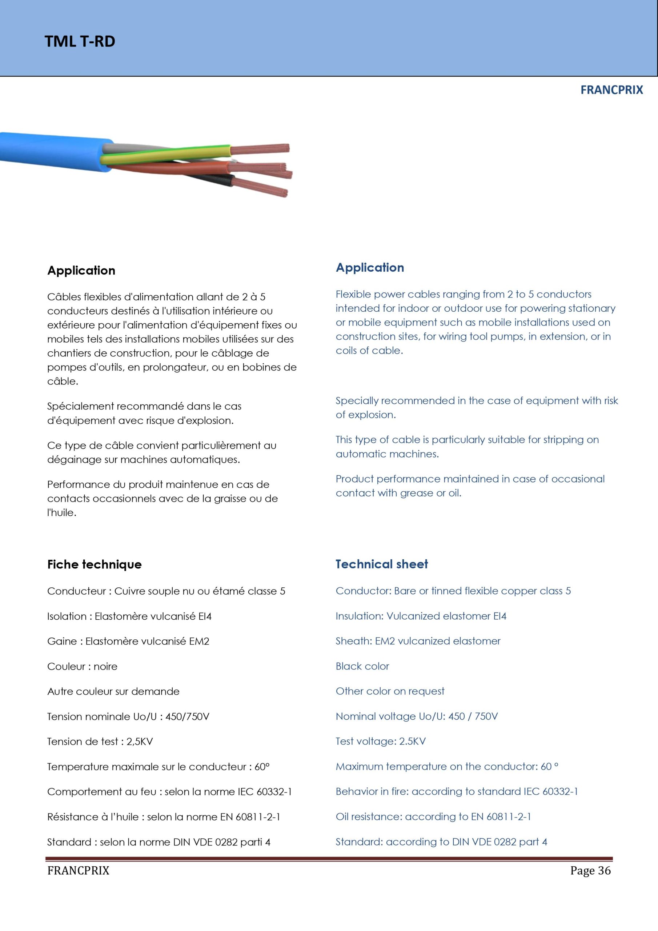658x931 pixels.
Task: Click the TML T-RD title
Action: (x=80, y=41)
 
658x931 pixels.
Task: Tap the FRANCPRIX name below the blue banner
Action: (x=611, y=90)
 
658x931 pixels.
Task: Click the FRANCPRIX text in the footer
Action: (x=78, y=871)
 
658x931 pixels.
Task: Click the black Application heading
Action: (x=81, y=271)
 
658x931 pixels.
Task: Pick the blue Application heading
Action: (x=370, y=268)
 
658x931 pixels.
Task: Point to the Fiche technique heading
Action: (x=95, y=564)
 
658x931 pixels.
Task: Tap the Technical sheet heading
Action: (x=381, y=564)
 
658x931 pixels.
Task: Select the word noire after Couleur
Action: (x=105, y=666)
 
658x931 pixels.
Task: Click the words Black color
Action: (x=362, y=666)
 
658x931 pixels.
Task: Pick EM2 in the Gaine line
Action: (x=199, y=641)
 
